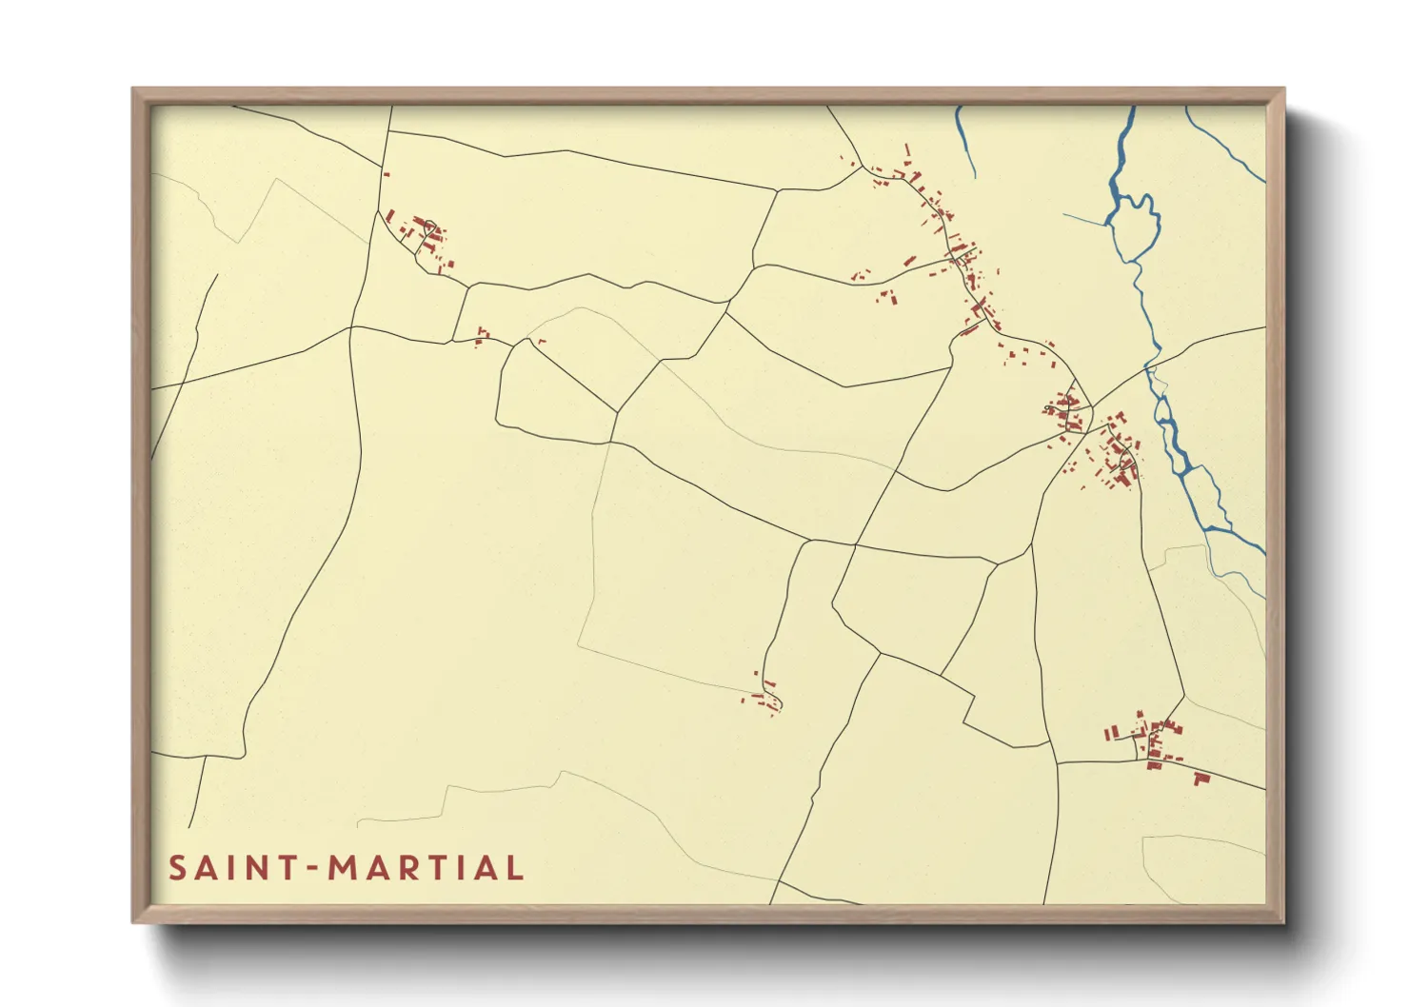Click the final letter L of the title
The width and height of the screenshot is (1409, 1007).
pos(515,868)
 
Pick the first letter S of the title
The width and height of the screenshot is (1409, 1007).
pos(177,868)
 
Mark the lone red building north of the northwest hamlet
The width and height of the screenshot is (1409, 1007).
pos(387,173)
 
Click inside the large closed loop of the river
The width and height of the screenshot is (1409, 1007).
pos(1135,226)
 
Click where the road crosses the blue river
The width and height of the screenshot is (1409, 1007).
pos(1151,366)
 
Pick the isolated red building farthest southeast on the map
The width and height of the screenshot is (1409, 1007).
pos(1201,780)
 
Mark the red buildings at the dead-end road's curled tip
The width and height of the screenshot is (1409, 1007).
pos(767,701)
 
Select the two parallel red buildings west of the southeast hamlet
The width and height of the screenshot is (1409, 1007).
pos(1110,732)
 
